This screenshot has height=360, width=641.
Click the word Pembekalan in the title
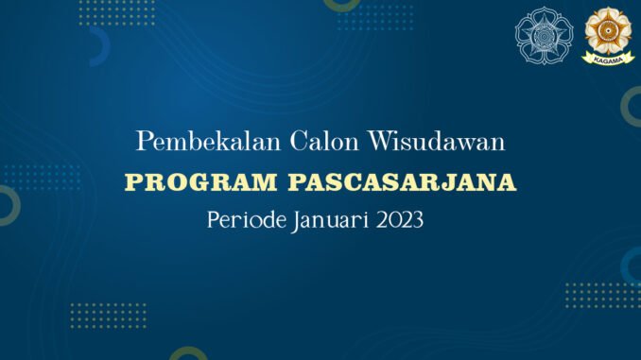pyautogui.click(x=209, y=142)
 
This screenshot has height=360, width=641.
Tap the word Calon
pyautogui.click(x=324, y=142)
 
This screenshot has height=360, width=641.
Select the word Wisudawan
pyautogui.click(x=437, y=142)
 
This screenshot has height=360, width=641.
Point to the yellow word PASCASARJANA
pyautogui.click(x=402, y=182)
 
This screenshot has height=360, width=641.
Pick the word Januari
pyautogui.click(x=330, y=221)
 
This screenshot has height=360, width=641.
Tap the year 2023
pyautogui.click(x=400, y=220)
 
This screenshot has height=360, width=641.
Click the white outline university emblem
pyautogui.click(x=545, y=36)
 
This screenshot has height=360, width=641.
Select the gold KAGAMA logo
pyautogui.click(x=608, y=36)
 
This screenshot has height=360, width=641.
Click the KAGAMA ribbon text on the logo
pyautogui.click(x=608, y=60)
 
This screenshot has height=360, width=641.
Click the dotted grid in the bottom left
pyautogui.click(x=109, y=316)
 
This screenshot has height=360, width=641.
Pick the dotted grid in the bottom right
pyautogui.click(x=603, y=296)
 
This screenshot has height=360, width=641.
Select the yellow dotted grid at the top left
pyautogui.click(x=117, y=13)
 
